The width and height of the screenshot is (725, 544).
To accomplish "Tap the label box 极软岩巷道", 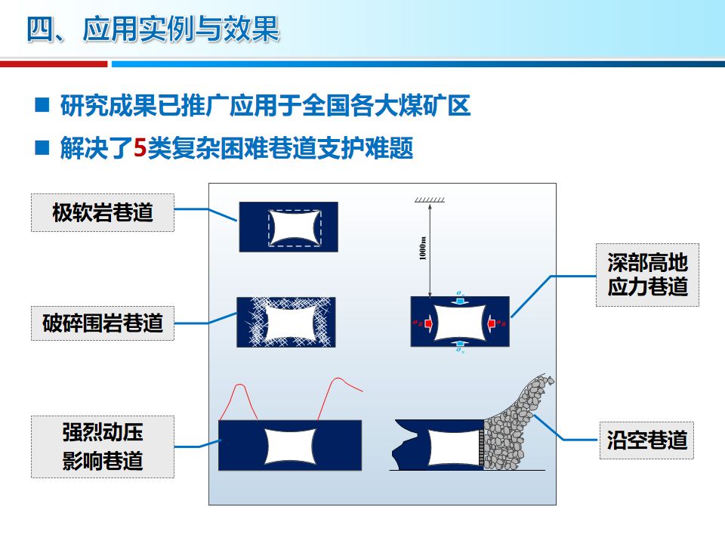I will pyautogui.click(x=103, y=212).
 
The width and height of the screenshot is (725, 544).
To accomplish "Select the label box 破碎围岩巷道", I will pyautogui.click(x=103, y=323).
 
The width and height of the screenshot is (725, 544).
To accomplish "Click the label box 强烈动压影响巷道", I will pyautogui.click(x=103, y=447).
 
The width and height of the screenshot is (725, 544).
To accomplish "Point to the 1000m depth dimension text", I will pyautogui.click(x=423, y=249).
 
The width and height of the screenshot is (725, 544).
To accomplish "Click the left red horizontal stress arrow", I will pyautogui.click(x=427, y=323).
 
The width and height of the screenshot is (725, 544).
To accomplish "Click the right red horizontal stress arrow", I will pyautogui.click(x=492, y=323).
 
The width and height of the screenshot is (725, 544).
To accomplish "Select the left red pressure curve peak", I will pyautogui.click(x=240, y=386).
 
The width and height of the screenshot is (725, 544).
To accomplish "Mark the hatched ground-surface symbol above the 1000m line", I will pyautogui.click(x=429, y=200).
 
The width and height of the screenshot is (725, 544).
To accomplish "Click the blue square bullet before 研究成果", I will pyautogui.click(x=42, y=106).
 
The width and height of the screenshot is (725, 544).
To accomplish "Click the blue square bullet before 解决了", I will pyautogui.click(x=42, y=148).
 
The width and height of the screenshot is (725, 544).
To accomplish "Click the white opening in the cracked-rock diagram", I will pyautogui.click(x=288, y=323).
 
